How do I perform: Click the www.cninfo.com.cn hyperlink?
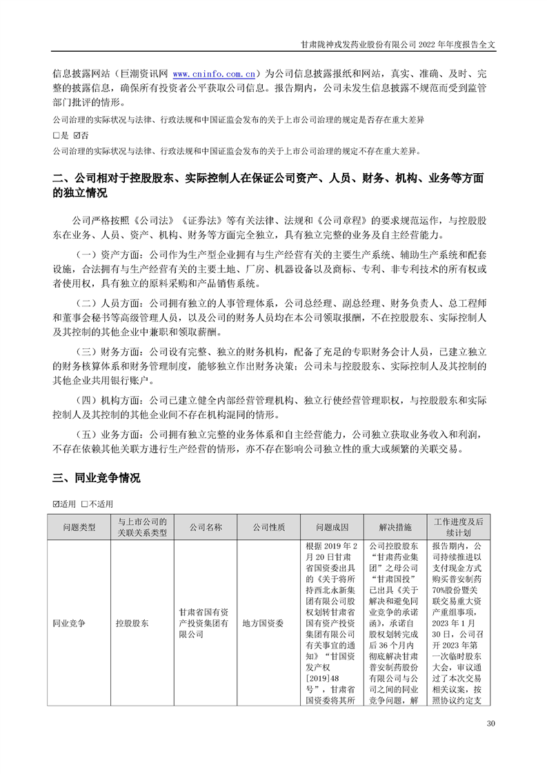pyautogui.click(x=215, y=73)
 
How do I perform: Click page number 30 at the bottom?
pyautogui.click(x=490, y=724)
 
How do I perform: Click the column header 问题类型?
pyautogui.click(x=79, y=527)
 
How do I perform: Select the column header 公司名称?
pyautogui.click(x=205, y=527)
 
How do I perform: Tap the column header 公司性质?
pyautogui.click(x=268, y=527)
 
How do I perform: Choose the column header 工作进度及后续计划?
pyautogui.click(x=459, y=527)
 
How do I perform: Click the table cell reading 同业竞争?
pyautogui.click(x=69, y=623)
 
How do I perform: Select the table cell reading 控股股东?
pyautogui.click(x=132, y=623)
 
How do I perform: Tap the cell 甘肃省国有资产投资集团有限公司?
pyautogui.click(x=205, y=623)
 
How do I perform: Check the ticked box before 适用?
pyautogui.click(x=57, y=504)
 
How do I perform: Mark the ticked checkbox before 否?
pyautogui.click(x=76, y=135)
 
